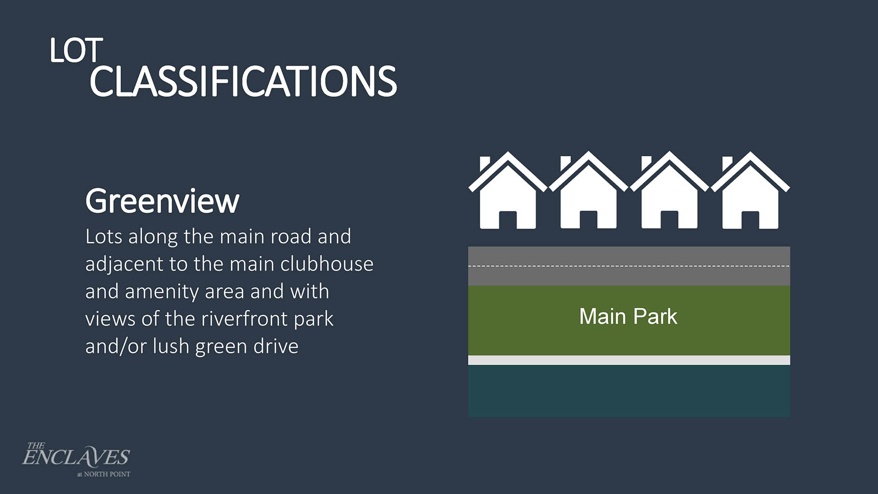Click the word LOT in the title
pos(76,51)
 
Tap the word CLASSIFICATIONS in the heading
pos(243,82)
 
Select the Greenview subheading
pos(162,201)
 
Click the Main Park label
pos(628,316)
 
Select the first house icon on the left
pos(508,190)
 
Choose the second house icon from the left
pos(588,190)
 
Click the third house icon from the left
pos(669,190)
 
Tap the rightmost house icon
pos(750,190)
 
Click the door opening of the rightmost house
pos(750,220)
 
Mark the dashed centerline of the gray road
pos(629,266)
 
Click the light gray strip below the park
pos(629,360)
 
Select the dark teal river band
pos(629,391)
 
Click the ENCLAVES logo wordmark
pos(76,456)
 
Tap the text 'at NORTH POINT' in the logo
pos(104,474)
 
